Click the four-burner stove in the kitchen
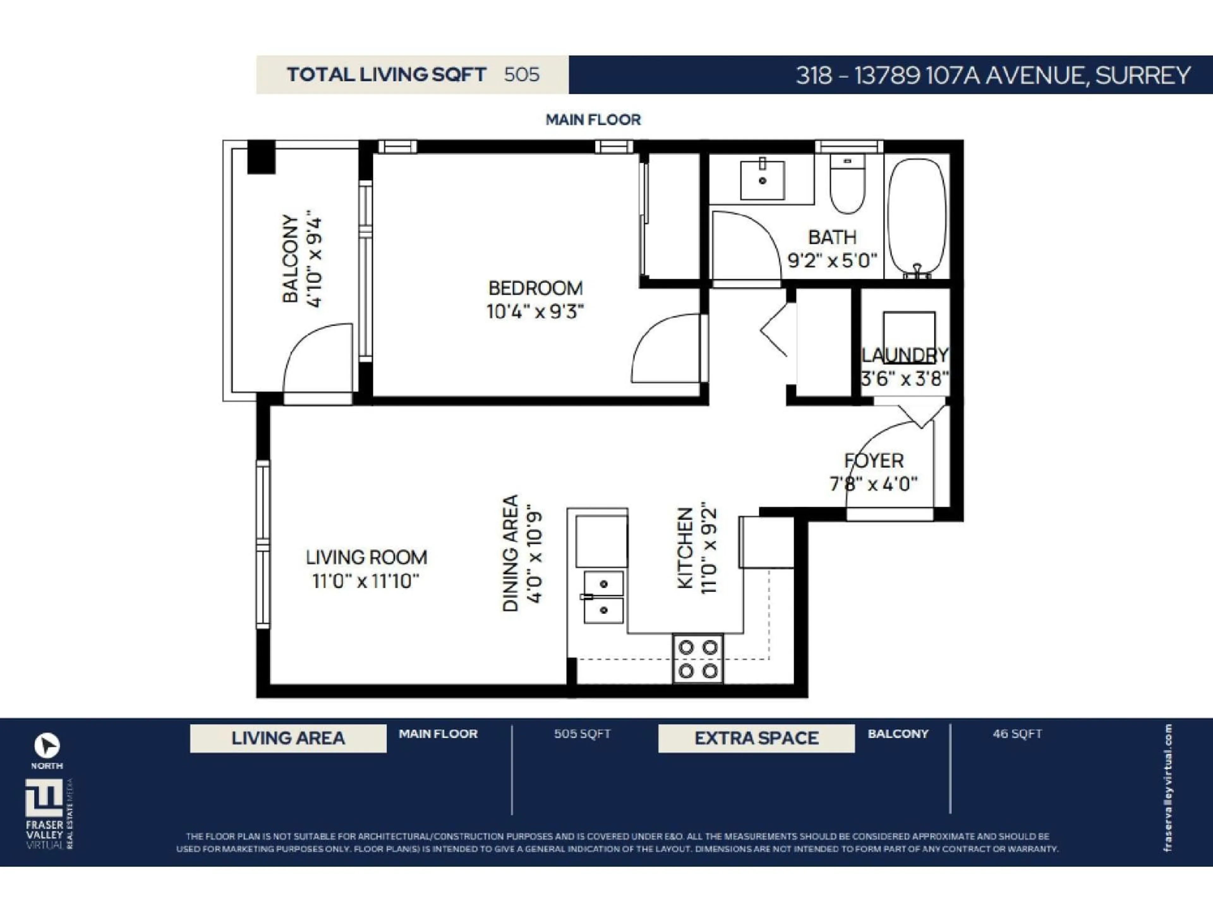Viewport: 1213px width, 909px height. (697, 659)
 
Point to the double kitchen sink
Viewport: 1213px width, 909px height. (603, 597)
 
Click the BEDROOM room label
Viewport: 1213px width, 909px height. (535, 288)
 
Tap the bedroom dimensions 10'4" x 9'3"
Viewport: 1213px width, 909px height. (535, 312)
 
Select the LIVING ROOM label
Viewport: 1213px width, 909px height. (366, 557)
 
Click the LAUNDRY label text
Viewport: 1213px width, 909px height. (905, 355)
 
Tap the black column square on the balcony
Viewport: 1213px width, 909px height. (261, 157)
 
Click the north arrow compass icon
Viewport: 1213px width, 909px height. (47, 745)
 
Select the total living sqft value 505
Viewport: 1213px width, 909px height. (522, 74)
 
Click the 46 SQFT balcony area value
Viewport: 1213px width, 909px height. (1017, 734)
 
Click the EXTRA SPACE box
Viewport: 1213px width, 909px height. (756, 738)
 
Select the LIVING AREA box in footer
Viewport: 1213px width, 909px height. (288, 738)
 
